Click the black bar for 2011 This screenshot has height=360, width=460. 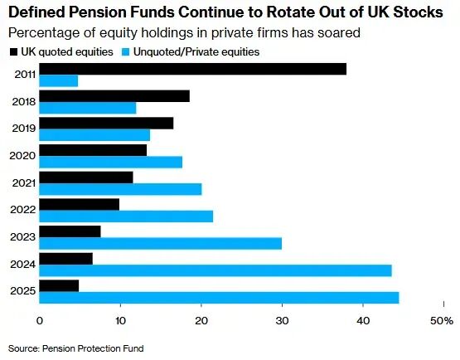tap(193, 69)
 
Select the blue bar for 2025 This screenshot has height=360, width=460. tap(219, 298)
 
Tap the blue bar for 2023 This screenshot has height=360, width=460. tap(161, 243)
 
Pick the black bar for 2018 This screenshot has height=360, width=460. tap(114, 96)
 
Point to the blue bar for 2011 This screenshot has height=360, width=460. tap(59, 80)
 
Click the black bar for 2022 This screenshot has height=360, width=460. tap(80, 204)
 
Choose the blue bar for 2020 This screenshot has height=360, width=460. tap(110, 162)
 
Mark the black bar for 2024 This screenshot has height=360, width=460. tap(66, 259)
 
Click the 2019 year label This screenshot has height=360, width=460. tap(24, 129)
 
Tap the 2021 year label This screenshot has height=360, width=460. tap(24, 183)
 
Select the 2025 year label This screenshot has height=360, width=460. tap(23, 291)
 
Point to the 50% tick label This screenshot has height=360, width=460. tap(442, 321)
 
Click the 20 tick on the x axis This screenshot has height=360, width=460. tap(201, 321)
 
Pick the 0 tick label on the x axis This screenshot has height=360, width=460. tap(40, 321)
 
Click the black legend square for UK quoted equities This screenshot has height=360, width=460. tap(13, 52)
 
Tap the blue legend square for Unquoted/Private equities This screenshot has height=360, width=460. tap(126, 52)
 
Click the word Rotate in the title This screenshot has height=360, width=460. tap(289, 12)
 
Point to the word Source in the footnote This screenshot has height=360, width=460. tap(23, 348)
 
